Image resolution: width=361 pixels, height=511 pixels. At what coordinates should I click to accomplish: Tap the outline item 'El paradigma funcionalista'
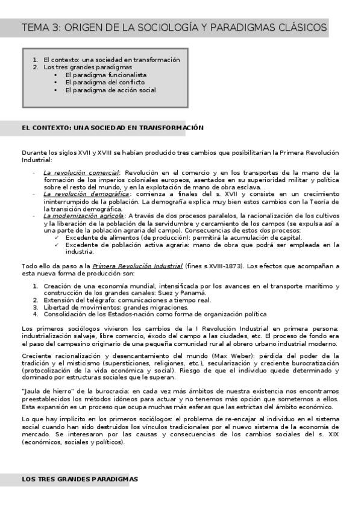(106, 75)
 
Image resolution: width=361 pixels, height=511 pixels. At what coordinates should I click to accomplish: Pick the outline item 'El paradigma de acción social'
(110, 90)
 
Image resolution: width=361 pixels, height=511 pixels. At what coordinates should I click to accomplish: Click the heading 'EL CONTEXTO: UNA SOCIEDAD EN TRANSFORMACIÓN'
(112, 128)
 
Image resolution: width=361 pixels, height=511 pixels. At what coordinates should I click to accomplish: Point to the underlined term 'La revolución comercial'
(81, 172)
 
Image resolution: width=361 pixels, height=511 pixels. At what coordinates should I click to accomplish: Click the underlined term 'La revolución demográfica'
(86, 194)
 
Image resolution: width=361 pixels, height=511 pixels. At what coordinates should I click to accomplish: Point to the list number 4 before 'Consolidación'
(36, 314)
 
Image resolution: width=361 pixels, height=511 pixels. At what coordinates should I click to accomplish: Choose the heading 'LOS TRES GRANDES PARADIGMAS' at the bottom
(80, 479)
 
